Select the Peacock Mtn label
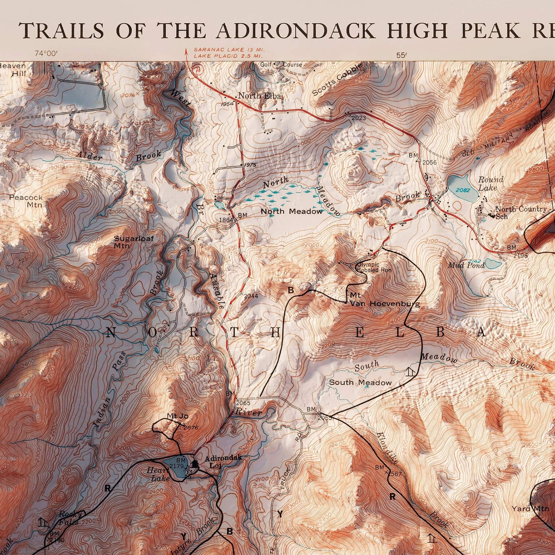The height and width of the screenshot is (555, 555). coord(26,201)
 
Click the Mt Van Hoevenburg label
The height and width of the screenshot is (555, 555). coord(384,300)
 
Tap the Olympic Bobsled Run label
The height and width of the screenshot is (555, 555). coord(368,267)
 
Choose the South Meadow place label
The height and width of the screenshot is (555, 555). coord(360,382)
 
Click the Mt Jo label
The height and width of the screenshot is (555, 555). coord(178,416)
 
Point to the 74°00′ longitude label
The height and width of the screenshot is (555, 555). coord(46,54)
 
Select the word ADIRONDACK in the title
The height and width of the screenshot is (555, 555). coord(296,31)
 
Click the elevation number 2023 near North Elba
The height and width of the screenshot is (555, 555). coord(358,118)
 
